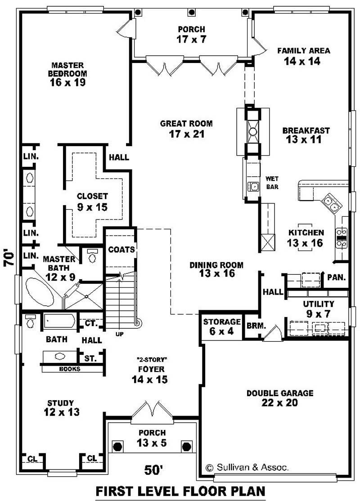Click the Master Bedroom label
click(x=68, y=73)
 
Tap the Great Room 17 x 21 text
click(x=186, y=129)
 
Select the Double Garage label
click(x=279, y=398)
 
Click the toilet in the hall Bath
click(x=31, y=322)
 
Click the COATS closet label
click(x=121, y=249)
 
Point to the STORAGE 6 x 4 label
click(x=222, y=326)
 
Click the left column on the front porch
click(x=117, y=447)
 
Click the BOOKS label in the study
click(x=70, y=369)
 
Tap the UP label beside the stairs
click(x=119, y=334)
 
